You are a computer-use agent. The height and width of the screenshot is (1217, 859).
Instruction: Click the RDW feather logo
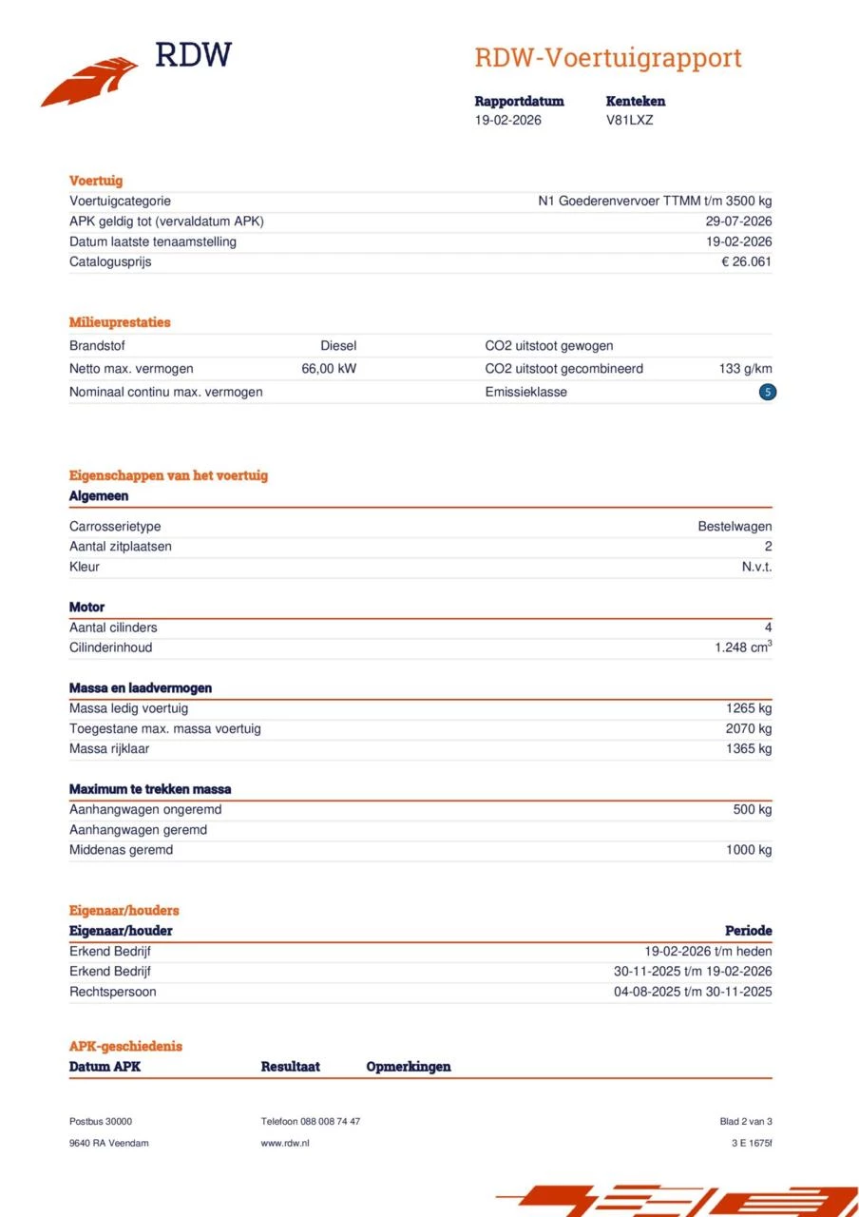pos(90,81)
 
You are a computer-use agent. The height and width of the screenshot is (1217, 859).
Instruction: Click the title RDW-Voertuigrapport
pos(608,58)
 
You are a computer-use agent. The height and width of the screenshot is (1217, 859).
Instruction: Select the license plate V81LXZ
pos(629,120)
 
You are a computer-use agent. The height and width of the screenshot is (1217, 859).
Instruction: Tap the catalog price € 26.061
pos(746,261)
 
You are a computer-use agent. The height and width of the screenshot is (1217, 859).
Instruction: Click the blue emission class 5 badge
pos(768,392)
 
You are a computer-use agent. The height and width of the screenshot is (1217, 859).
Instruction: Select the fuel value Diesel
pos(338,346)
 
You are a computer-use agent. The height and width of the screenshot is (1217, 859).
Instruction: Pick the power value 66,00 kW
pos(329,368)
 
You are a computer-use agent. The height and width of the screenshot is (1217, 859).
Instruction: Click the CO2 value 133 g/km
pos(745,368)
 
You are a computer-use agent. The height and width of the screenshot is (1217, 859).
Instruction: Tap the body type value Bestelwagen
pos(735,526)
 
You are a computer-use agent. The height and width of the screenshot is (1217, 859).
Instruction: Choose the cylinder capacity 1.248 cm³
pos(743,647)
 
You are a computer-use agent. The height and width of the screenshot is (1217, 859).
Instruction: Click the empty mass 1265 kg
pos(749,708)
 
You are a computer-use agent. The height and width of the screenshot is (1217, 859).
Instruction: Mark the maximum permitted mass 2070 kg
pos(749,728)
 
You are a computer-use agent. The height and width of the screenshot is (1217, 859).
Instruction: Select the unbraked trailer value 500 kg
pos(752,809)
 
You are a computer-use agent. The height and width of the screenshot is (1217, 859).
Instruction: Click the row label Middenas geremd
pos(121,849)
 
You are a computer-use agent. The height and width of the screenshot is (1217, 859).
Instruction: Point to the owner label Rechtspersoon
pos(112,992)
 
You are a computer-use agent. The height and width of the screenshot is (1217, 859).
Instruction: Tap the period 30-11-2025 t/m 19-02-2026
pos(693,971)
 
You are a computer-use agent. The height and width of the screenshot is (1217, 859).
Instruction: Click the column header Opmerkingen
pos(409,1067)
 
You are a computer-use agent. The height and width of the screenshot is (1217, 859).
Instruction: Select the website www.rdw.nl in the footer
pos(285,1143)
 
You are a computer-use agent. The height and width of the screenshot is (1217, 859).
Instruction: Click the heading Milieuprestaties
pos(120,322)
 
